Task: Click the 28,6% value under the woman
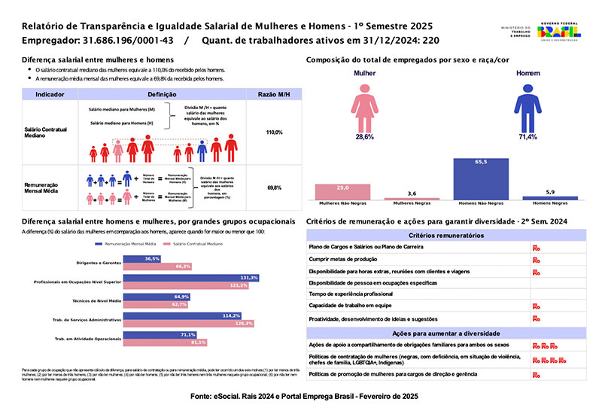[x=365, y=137]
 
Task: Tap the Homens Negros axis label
[x=550, y=203]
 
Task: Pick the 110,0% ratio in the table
[x=274, y=132]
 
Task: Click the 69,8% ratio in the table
[x=274, y=187]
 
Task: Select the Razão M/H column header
[x=274, y=95]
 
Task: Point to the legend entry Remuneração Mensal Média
[x=132, y=245]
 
